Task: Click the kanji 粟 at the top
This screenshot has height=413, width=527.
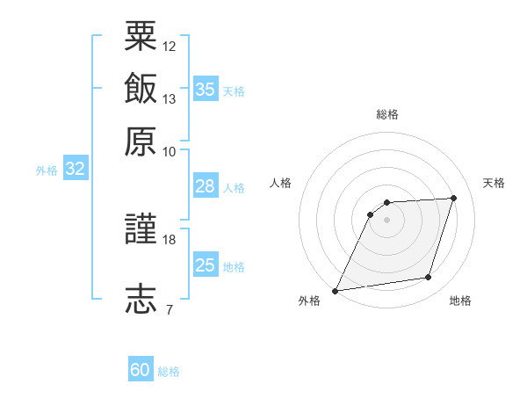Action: click(141, 36)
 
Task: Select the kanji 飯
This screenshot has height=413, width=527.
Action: click(141, 88)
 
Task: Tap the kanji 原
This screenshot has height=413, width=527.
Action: click(141, 141)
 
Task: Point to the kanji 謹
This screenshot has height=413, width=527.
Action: click(141, 228)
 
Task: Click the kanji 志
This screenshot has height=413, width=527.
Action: click(141, 299)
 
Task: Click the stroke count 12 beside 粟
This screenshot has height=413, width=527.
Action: click(169, 47)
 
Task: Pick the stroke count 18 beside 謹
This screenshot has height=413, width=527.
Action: click(169, 240)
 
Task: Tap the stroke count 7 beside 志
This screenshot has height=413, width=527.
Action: click(170, 309)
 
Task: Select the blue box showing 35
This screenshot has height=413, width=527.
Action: click(206, 89)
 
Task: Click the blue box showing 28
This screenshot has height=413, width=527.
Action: click(206, 185)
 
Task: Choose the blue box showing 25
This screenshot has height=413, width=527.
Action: click(206, 264)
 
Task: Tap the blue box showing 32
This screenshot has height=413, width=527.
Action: click(76, 168)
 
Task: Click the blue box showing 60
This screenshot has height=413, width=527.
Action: click(141, 368)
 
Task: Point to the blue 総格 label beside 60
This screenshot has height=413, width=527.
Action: click(169, 372)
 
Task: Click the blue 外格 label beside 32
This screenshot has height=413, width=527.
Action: click(47, 170)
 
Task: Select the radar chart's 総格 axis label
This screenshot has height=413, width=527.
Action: click(387, 114)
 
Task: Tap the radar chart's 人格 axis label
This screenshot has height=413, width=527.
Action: click(280, 183)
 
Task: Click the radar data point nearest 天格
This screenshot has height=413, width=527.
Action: click(453, 198)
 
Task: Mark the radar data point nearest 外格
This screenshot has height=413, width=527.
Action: click(335, 291)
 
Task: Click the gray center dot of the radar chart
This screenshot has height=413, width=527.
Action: click(386, 221)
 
